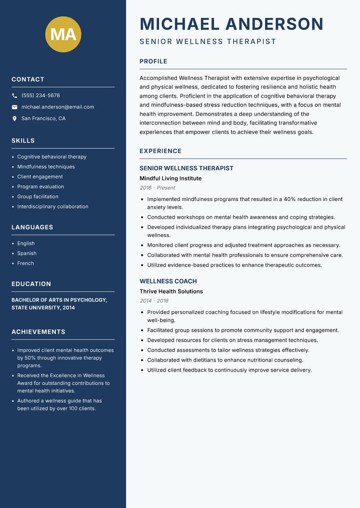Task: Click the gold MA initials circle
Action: pos(63,34)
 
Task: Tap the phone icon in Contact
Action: pos(14,96)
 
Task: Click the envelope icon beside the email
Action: pos(14,107)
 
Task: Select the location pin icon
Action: pos(14,119)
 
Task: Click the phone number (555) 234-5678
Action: pos(40,96)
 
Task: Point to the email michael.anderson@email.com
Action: pos(58,107)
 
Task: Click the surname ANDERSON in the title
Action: pos(274,24)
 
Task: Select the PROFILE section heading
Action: pos(153,61)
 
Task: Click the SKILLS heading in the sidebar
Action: pos(23,141)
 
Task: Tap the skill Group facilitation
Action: pos(38,196)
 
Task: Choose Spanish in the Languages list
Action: pos(27,253)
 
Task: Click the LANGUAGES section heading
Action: pos(32,227)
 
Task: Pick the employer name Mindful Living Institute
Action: pos(171,178)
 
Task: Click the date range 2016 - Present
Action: pos(157,188)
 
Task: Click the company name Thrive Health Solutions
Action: pos(171,291)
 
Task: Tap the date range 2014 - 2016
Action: pos(153,301)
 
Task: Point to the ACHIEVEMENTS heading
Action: pos(38,332)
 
